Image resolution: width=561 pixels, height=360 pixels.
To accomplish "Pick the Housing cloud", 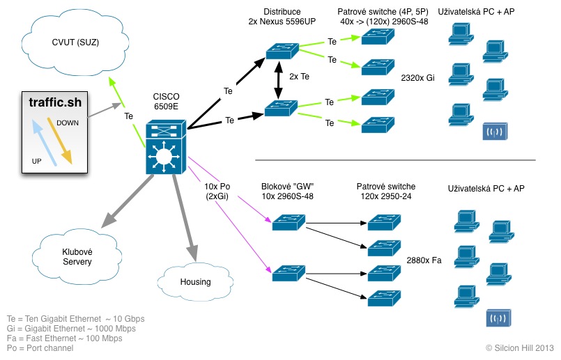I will [194, 281].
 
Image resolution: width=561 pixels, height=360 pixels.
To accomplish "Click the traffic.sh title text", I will [55, 102].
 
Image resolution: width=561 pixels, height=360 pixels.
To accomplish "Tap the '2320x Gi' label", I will [417, 77].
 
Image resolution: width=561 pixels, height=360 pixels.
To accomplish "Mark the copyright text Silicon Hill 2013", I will [519, 347].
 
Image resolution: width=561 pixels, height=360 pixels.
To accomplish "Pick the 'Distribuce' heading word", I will [282, 12].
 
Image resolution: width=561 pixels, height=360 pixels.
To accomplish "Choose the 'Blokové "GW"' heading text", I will [288, 187].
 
